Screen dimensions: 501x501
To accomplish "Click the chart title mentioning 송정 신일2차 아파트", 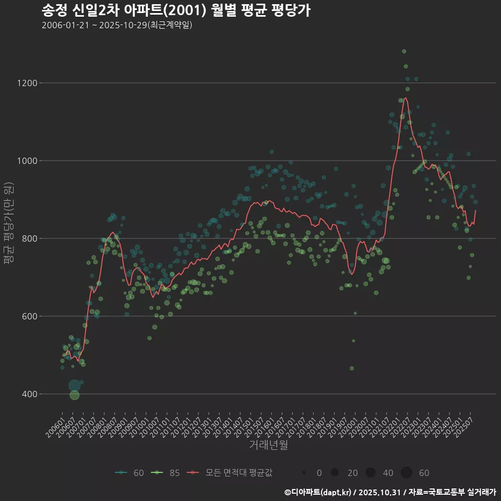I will [x=176, y=10].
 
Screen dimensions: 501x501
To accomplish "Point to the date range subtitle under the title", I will [x=117, y=25].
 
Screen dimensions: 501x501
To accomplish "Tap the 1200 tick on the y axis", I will [x=27, y=83].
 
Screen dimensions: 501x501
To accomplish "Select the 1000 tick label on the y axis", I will [x=27, y=161].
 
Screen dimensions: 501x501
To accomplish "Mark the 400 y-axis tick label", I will [x=29, y=394].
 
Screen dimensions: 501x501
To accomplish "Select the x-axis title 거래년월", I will [x=268, y=445].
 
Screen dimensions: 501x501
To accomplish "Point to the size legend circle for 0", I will [x=304, y=473].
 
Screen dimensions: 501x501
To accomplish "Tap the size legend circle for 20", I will [x=335, y=473].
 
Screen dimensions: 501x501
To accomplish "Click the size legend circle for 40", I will [x=371, y=473].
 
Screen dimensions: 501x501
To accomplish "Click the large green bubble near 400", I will [x=75, y=395].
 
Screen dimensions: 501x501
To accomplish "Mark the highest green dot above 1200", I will [x=404, y=51].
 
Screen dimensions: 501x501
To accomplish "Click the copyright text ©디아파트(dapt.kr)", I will [x=318, y=492].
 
